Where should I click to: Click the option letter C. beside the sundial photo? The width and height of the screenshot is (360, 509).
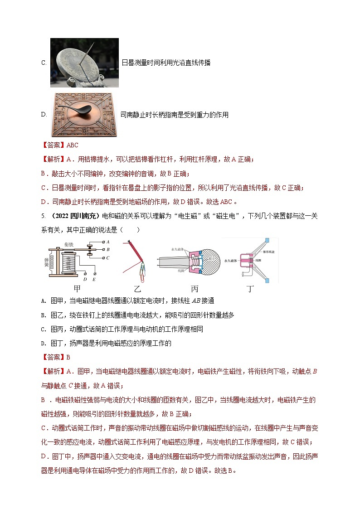44,63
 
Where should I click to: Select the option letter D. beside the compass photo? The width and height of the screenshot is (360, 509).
44,115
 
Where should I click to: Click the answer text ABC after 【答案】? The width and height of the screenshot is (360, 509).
73,145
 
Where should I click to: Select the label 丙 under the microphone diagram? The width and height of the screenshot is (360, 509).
194,288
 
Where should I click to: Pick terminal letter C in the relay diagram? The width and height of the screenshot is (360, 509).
107,257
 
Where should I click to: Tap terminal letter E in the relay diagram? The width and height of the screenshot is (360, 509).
94,279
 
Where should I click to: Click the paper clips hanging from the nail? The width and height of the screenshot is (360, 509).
143,269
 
